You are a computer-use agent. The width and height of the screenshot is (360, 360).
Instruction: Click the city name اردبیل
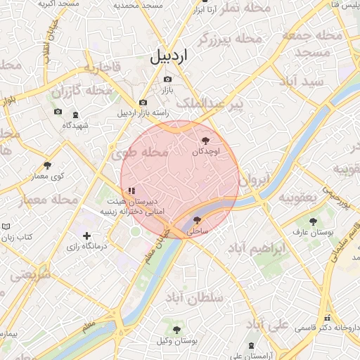(x=169, y=57)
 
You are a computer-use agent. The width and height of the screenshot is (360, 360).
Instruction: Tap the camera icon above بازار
(x=167, y=79)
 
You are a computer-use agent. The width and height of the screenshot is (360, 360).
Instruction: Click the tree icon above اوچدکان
(x=205, y=141)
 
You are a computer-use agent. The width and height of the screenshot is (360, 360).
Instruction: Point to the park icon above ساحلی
(x=196, y=220)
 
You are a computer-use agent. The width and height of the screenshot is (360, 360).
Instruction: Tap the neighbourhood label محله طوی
(x=141, y=152)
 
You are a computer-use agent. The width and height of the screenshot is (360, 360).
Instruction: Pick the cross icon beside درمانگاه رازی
(x=86, y=236)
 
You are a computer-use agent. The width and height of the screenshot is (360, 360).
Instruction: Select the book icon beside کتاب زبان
(x=6, y=226)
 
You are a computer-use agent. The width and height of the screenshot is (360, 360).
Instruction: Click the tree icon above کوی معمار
(x=48, y=165)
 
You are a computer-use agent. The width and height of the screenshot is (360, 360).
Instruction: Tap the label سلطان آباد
(x=193, y=299)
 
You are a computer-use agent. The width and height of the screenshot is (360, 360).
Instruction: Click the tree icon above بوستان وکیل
(x=176, y=330)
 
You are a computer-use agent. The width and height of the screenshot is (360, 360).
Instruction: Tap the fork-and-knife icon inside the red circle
(x=131, y=191)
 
